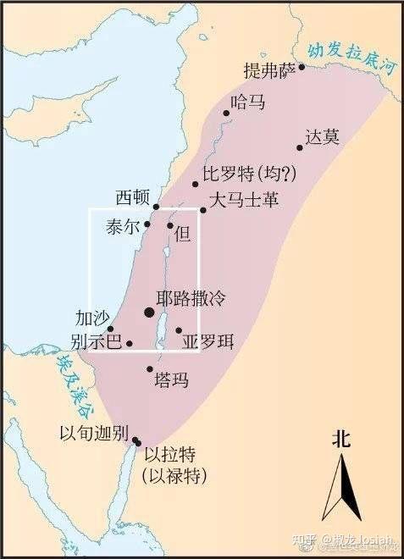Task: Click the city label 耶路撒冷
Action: [192, 299]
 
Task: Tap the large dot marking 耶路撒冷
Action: [150, 313]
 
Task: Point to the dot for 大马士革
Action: [203, 210]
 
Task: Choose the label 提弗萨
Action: [269, 69]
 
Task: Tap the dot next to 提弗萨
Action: [301, 65]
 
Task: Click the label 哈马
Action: [248, 102]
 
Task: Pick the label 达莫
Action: [322, 136]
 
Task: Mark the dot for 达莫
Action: [300, 148]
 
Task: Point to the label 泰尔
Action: [123, 227]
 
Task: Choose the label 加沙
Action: [92, 318]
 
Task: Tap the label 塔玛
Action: [169, 380]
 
